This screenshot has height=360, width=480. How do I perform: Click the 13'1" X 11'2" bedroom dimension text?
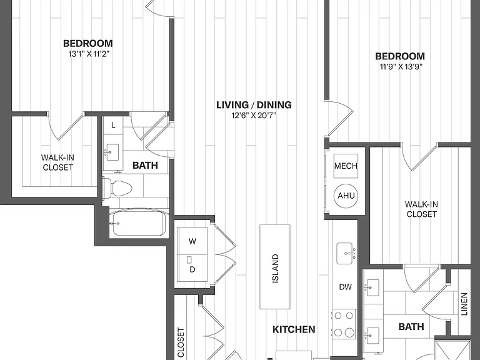[x=89, y=54]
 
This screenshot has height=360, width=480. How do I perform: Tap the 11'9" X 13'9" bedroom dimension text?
[x=401, y=67]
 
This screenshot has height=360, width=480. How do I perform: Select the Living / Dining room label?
[x=254, y=105]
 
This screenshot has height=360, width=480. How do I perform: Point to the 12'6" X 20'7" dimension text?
[x=254, y=116]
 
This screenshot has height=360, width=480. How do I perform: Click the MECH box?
[x=346, y=166]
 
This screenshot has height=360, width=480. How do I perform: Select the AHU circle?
[x=346, y=196]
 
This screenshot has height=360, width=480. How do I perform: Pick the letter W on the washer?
[x=192, y=241]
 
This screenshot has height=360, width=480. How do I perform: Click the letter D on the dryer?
[x=192, y=269]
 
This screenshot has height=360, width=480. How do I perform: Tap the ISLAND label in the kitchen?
[x=276, y=269]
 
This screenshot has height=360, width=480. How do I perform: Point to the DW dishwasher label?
[x=345, y=287]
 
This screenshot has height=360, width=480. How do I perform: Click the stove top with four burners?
[x=344, y=324]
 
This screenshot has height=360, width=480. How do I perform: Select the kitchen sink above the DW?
[x=346, y=254]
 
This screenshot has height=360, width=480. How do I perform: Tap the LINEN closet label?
[x=464, y=304]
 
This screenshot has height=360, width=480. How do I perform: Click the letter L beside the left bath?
[x=113, y=125]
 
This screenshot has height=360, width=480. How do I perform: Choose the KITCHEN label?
[x=294, y=329]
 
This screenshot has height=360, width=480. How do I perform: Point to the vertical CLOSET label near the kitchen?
[x=181, y=343]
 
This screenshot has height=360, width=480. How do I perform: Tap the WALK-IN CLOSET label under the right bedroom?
[x=421, y=209]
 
